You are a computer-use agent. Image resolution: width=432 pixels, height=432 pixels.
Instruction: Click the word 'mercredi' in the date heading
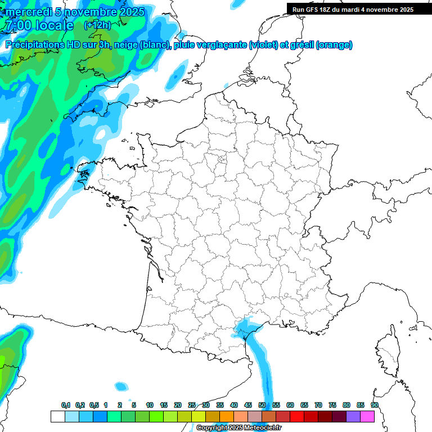[28, 12]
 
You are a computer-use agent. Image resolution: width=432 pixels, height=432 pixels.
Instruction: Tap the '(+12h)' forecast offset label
[97, 25]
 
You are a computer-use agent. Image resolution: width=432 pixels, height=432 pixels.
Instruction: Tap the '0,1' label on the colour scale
[66, 405]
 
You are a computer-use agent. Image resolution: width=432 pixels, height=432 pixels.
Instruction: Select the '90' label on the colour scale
[375, 405]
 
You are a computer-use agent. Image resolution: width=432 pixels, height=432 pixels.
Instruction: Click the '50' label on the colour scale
[262, 405]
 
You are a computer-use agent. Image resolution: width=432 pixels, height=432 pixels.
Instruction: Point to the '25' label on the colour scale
[192, 405]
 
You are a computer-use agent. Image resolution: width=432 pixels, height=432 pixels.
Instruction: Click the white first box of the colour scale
[57, 416]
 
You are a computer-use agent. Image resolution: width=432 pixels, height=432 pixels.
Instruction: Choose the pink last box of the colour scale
[367, 416]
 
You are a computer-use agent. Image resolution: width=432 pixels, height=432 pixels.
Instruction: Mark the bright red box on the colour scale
[297, 416]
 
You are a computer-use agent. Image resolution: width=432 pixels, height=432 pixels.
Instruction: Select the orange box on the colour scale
[227, 416]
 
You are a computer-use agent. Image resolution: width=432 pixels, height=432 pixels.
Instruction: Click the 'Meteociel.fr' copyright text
[259, 428]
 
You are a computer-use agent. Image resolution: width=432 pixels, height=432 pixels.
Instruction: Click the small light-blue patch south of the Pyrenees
[121, 386]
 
